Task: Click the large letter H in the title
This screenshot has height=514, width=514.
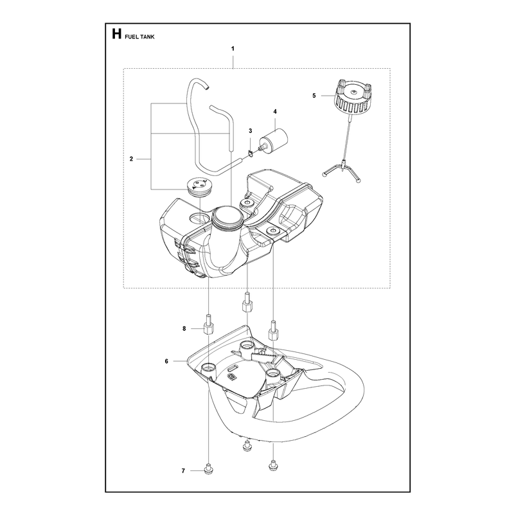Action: click(116, 34)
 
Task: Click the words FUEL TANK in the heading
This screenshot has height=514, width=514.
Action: click(139, 37)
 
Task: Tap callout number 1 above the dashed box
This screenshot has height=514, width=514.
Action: click(233, 49)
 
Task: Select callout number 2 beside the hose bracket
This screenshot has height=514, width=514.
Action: click(132, 159)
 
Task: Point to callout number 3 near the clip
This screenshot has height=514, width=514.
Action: click(251, 131)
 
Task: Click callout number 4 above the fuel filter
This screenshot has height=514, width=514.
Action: click(275, 112)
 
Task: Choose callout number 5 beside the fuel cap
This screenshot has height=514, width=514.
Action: click(314, 96)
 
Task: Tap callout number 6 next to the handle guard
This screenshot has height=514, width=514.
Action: click(166, 361)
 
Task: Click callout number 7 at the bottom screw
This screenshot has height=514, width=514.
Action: click(183, 471)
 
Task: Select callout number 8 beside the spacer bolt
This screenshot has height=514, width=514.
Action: click(184, 328)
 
